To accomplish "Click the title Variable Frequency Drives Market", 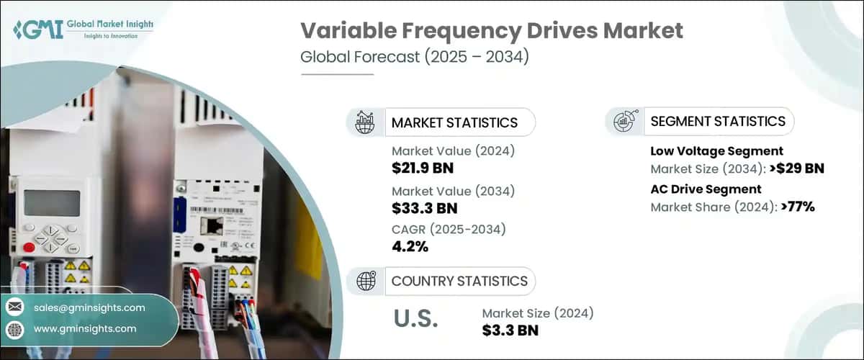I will [x=491, y=31].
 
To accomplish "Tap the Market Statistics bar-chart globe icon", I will [x=366, y=122].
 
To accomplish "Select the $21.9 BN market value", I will [x=423, y=168].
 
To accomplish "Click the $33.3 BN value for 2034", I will [x=425, y=208].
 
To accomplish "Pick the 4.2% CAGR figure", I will [x=410, y=247].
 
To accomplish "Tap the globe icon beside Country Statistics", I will [x=366, y=282].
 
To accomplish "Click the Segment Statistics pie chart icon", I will [x=623, y=122].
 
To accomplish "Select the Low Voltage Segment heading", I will [x=716, y=151].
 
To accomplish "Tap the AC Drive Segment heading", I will [x=706, y=189].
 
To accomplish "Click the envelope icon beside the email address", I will [x=15, y=307].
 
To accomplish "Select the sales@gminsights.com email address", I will [x=89, y=307].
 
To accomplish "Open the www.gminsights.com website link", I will [x=85, y=328].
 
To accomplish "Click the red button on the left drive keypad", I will [x=28, y=247].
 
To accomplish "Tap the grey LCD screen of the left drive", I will [x=51, y=202].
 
